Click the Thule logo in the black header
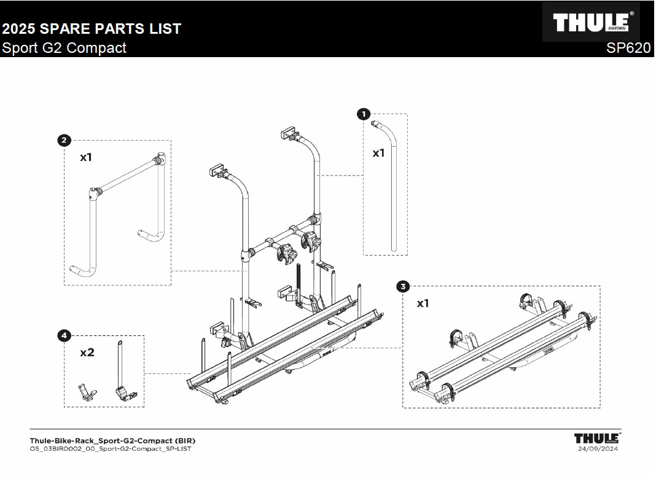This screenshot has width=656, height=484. pos(591,23)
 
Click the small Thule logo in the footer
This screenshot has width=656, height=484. pos(596,438)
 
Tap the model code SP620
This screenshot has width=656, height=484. pos(628,49)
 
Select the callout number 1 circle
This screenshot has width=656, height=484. pos(364,114)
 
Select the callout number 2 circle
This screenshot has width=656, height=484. pos(63,141)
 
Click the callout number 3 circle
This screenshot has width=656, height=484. pos(403,286)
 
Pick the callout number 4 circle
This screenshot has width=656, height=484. pos(64,335)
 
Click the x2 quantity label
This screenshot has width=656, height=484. pos(87,353)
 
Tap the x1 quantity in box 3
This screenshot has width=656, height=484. pos(423,303)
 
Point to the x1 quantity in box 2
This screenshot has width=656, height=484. pos(86,157)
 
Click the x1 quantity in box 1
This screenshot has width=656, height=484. pos(378,153)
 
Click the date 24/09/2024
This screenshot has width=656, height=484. pos(598,448)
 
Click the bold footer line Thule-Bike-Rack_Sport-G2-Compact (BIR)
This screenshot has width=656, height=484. pos(112,440)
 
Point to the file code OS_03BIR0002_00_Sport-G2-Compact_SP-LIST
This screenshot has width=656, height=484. pos(111,448)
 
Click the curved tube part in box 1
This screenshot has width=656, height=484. pos(394,184)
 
